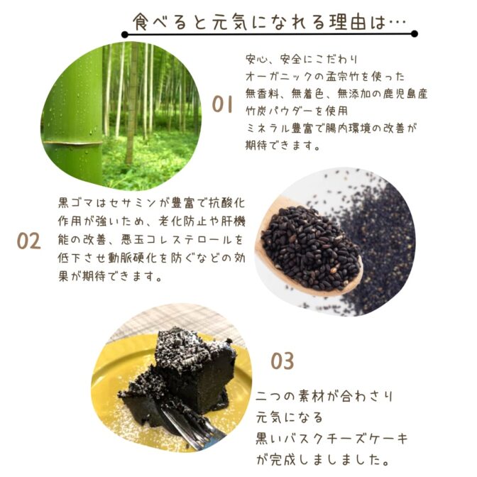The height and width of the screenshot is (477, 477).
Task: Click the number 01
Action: pos(222,104)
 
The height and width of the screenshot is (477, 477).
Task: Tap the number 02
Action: pos(28,241)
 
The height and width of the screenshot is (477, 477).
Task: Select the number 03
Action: pos(283,361)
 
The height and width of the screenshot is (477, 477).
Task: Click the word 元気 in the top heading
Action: pos(229,22)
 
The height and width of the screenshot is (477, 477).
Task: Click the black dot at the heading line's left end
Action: pos(124,34)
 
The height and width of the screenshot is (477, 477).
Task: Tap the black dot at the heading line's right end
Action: pos(414,34)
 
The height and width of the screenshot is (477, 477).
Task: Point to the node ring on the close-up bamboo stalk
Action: pos(72,143)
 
